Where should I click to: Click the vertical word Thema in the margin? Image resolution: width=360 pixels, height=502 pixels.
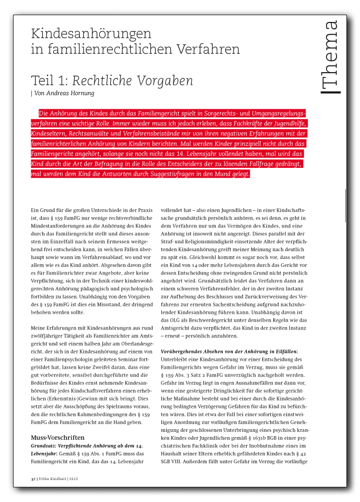click(x=330, y=56)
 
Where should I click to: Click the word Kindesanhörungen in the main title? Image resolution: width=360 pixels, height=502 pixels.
click(x=91, y=34)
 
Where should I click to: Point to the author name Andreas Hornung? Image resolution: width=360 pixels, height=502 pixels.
click(x=68, y=93)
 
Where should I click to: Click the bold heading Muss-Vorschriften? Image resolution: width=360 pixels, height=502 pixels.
click(x=57, y=437)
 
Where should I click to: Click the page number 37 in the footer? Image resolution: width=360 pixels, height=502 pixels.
click(x=32, y=478)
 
